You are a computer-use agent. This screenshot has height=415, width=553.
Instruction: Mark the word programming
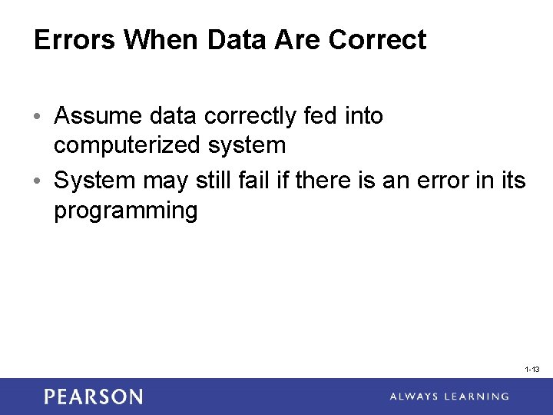click(x=125, y=211)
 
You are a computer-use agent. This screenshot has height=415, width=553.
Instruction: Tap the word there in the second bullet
click(x=339, y=181)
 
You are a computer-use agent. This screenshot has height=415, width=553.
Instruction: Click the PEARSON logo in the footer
click(x=93, y=397)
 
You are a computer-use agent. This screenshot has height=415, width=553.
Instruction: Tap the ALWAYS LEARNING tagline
click(x=449, y=397)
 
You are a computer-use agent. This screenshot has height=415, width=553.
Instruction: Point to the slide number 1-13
click(x=531, y=370)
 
